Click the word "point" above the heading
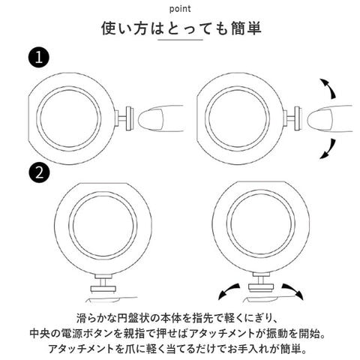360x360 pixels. [180, 9]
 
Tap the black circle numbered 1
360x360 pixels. [39, 58]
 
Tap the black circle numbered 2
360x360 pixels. [39, 172]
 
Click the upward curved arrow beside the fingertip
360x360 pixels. [328, 88]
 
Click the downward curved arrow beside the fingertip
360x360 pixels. [328, 149]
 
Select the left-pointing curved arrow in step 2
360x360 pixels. [228, 290]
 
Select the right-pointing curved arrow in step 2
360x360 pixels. [292, 290]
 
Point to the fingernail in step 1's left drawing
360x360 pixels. [151, 118]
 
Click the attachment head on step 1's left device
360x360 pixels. [130, 118]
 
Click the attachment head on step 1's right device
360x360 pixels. [297, 118]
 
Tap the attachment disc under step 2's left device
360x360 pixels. [103, 289]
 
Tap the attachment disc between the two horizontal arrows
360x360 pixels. [261, 288]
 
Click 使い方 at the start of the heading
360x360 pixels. [124, 28]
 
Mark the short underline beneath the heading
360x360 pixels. [180, 40]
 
